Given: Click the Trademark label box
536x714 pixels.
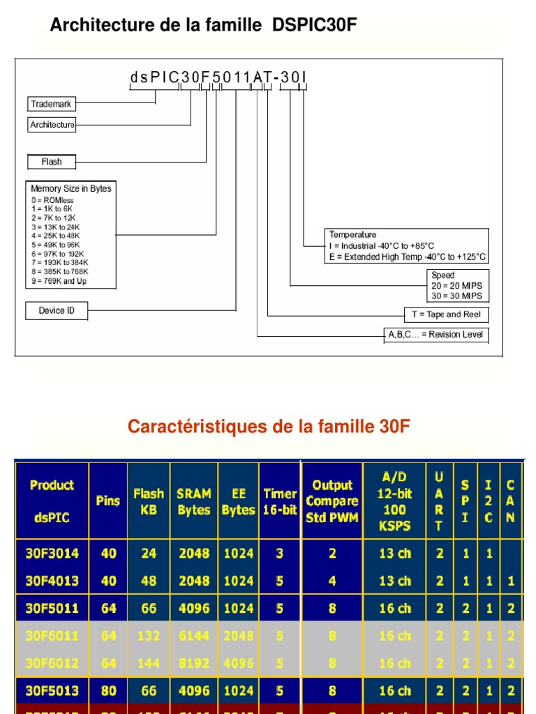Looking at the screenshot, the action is coord(51,104).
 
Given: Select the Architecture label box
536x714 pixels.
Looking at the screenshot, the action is coord(52,125).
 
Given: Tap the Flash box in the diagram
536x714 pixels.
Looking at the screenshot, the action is coord(51,162).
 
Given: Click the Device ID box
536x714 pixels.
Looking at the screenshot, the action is coord(57,310).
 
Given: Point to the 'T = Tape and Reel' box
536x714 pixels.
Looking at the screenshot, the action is coord(446,314).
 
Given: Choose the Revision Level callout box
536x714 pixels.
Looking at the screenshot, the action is coord(435,335).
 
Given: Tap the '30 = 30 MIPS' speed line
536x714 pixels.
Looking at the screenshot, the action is coord(456,296).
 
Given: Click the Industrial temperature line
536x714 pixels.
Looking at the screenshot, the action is coord(382,245).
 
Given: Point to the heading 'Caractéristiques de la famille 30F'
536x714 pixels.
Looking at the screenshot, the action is coord(269,427).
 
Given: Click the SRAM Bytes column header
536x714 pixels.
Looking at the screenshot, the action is coord(194,501).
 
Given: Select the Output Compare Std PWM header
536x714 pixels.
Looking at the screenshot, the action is coord(332,501).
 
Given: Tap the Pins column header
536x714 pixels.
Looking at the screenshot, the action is coord(108,501).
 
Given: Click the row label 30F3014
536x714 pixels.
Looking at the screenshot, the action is coord(52,554).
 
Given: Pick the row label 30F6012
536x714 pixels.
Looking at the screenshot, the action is coord(52,663).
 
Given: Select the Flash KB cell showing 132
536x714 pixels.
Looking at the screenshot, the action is coord(149,636).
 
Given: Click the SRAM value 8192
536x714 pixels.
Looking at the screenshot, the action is coord(194,663).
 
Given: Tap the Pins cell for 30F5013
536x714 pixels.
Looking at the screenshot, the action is coord(109,691).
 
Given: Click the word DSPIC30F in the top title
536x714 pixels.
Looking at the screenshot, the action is coord(315,26).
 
